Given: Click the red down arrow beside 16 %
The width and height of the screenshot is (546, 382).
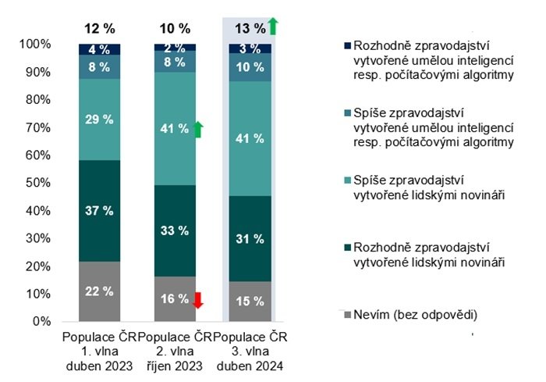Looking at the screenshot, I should click(198, 300).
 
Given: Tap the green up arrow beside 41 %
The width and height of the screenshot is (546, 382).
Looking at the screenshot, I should click(198, 129).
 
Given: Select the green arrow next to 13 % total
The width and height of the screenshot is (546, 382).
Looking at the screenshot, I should click(273, 27).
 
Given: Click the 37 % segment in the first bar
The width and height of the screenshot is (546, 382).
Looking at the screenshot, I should click(98, 211).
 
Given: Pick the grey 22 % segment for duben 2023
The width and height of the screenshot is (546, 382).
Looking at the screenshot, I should click(98, 291).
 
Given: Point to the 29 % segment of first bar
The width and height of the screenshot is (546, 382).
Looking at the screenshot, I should click(98, 120).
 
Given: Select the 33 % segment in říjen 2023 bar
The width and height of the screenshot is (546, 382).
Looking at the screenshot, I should click(173, 231).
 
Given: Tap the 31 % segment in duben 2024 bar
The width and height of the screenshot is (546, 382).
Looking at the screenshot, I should click(249, 239).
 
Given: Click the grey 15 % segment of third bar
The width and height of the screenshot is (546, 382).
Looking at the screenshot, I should click(249, 302).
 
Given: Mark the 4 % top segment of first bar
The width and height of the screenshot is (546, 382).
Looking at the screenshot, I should click(98, 49).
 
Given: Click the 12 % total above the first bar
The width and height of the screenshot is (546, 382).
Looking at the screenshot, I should click(99, 29).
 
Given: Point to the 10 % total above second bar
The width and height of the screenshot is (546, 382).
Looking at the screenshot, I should click(174, 29).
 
